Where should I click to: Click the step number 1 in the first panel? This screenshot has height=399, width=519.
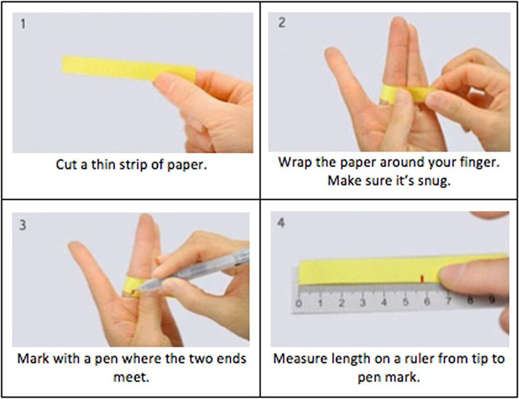click(x=23, y=24)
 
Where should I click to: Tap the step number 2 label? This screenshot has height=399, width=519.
click(x=281, y=23)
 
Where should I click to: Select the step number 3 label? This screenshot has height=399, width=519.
click(x=23, y=225)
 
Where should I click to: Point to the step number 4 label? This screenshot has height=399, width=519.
click(x=281, y=223)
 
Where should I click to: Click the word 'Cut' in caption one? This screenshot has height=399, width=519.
click(x=67, y=165)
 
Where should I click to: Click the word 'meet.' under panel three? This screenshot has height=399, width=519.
click(x=131, y=377)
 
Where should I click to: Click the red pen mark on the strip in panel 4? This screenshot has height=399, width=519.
click(x=422, y=279)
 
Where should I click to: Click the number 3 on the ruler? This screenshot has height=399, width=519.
click(x=363, y=303)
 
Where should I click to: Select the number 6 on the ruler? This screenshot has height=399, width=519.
click(x=427, y=302)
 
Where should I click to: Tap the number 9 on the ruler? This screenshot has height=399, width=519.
click(x=492, y=300)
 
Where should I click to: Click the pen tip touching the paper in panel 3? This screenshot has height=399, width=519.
click(x=135, y=291)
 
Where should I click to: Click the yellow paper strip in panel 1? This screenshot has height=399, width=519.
click(x=129, y=69)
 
